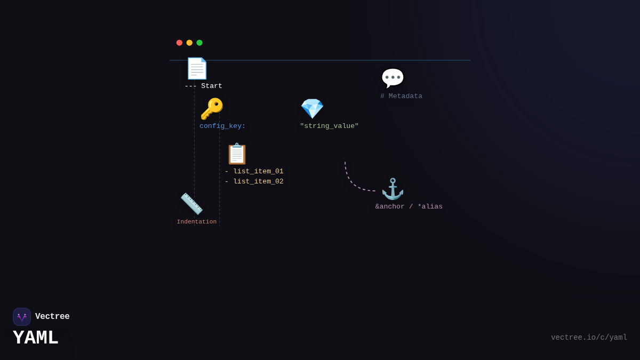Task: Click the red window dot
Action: (179, 43)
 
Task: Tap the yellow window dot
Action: (189, 43)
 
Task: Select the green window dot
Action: (199, 43)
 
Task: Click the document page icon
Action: (196, 68)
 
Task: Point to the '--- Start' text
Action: (203, 86)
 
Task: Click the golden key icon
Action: (211, 109)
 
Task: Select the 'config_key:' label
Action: (222, 126)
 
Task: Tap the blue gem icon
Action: (312, 109)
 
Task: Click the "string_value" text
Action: (329, 126)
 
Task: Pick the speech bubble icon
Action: (393, 78)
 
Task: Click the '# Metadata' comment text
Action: (401, 97)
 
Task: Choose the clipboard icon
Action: (237, 154)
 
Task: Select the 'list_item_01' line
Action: (254, 172)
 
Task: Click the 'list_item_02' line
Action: (254, 182)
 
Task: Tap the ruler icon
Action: (191, 204)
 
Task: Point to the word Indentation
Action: (197, 222)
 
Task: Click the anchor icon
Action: (393, 189)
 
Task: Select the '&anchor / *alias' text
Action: (409, 207)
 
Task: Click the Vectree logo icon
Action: (22, 317)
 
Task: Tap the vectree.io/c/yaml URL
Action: (589, 338)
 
